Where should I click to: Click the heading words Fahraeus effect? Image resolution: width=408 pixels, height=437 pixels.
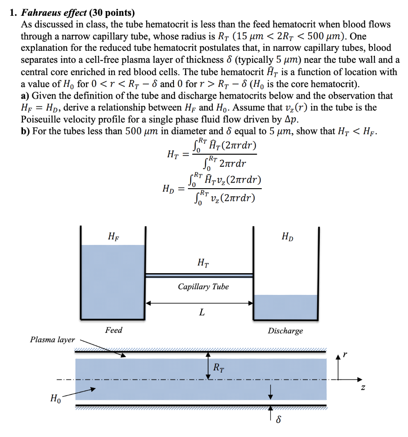click(x=53, y=14)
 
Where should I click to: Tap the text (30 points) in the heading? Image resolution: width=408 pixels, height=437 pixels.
click(x=109, y=14)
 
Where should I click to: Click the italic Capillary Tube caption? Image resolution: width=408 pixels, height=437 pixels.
click(x=203, y=287)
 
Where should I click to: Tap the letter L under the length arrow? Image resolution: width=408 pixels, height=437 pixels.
click(x=202, y=313)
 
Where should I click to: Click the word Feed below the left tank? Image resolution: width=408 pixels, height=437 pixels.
click(x=113, y=330)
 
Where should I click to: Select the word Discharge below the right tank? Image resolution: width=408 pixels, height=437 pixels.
click(x=285, y=331)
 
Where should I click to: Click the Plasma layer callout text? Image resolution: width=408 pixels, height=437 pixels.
click(x=52, y=340)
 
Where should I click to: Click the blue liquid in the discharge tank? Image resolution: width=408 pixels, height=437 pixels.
click(x=286, y=307)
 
